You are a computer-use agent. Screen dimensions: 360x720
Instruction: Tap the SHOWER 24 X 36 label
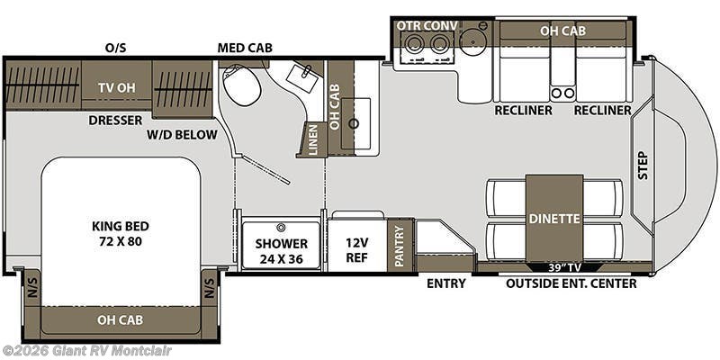[x=281, y=250]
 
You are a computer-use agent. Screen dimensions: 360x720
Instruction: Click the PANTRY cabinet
[x=400, y=245]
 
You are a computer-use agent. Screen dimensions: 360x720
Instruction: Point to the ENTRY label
[x=445, y=283]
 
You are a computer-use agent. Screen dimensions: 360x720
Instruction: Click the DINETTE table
[x=553, y=218]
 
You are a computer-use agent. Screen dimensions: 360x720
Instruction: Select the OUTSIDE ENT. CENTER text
[x=571, y=283]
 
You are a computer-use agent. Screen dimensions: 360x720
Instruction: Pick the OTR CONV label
[x=426, y=25]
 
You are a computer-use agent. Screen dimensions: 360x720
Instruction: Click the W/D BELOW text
[x=183, y=136]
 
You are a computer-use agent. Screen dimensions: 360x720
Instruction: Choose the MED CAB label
[x=245, y=47]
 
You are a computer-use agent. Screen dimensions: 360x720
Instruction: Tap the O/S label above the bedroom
[x=115, y=47]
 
